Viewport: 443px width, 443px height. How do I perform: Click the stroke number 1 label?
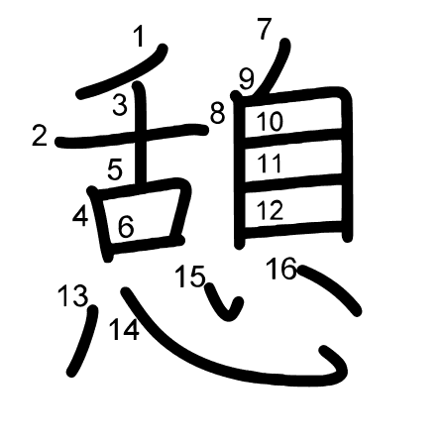click(x=140, y=37)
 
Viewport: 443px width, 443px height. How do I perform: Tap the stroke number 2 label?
click(x=40, y=136)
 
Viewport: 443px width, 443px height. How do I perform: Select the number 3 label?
click(x=120, y=104)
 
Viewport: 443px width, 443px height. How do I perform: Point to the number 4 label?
click(x=80, y=216)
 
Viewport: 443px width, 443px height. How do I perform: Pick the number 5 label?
click(x=115, y=169)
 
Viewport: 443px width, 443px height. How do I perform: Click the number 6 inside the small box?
click(x=126, y=227)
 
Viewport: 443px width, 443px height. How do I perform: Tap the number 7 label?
click(x=265, y=29)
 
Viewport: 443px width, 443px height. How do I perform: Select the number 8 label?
click(x=217, y=113)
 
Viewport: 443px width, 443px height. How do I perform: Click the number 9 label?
click(x=247, y=80)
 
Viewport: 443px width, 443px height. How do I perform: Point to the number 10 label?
click(x=270, y=122)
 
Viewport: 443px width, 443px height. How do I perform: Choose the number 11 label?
click(x=270, y=163)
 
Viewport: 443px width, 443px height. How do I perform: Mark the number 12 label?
click(x=270, y=210)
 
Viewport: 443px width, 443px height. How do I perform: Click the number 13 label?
click(x=73, y=296)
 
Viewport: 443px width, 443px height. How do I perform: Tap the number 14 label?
click(x=124, y=330)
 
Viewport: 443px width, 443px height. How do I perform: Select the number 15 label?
click(x=190, y=277)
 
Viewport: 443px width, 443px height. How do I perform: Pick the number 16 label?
click(x=281, y=269)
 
